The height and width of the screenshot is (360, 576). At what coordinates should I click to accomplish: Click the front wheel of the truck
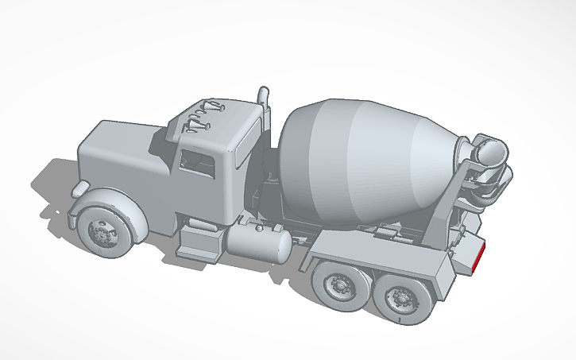pos(102,232)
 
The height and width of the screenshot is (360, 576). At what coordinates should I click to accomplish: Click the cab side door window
pos(198,165)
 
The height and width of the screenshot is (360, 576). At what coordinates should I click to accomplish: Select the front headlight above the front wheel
pos(80,188)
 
